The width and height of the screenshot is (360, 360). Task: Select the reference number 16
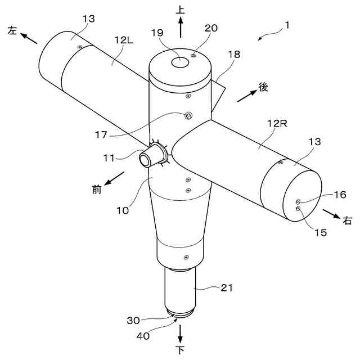point(339,195)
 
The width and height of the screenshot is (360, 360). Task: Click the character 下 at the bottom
point(181,350)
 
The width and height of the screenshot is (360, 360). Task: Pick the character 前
point(97,190)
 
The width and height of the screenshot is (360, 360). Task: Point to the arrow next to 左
point(28,38)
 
